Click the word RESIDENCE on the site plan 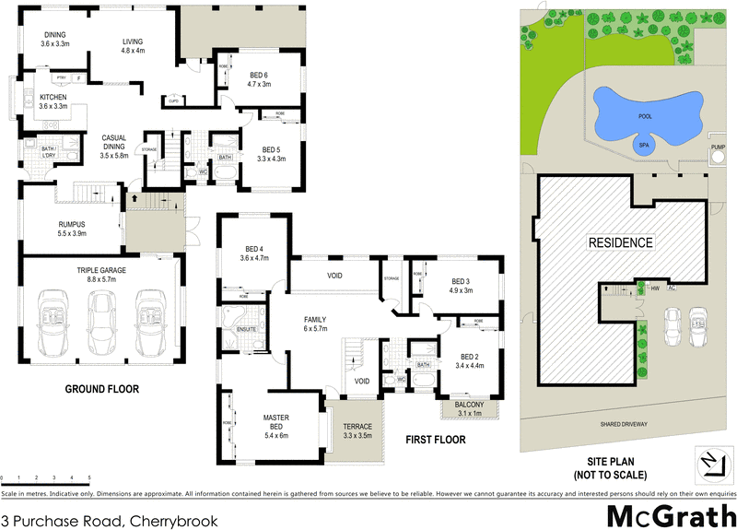[621, 243]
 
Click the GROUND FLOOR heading [101, 390]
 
